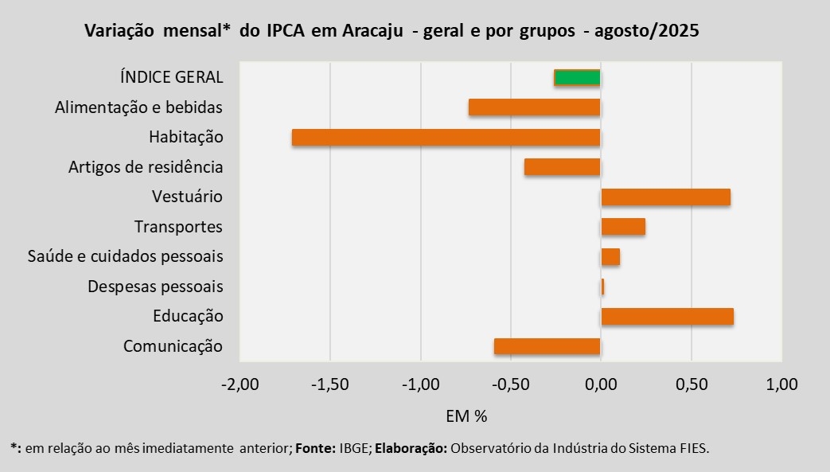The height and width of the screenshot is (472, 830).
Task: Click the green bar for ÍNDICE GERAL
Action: pos(577,77)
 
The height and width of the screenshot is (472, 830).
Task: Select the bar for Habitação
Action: pos(446,137)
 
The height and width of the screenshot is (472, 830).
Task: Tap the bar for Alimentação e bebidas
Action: pos(534,107)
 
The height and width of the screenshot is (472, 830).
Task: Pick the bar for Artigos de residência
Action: pos(562,167)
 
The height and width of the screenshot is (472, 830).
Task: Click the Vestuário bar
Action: pos(665,197)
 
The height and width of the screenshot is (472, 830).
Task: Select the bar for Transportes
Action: pos(623,227)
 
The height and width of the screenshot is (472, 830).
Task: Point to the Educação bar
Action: pos(667,316)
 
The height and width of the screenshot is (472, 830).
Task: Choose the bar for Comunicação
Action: pos(547,346)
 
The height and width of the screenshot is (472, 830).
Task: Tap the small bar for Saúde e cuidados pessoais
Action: pos(610,256)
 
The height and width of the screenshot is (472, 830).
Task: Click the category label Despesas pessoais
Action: pos(155,287)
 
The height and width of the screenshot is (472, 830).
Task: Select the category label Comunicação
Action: pos(173,346)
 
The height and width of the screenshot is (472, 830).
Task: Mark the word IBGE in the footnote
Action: pos(353,448)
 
